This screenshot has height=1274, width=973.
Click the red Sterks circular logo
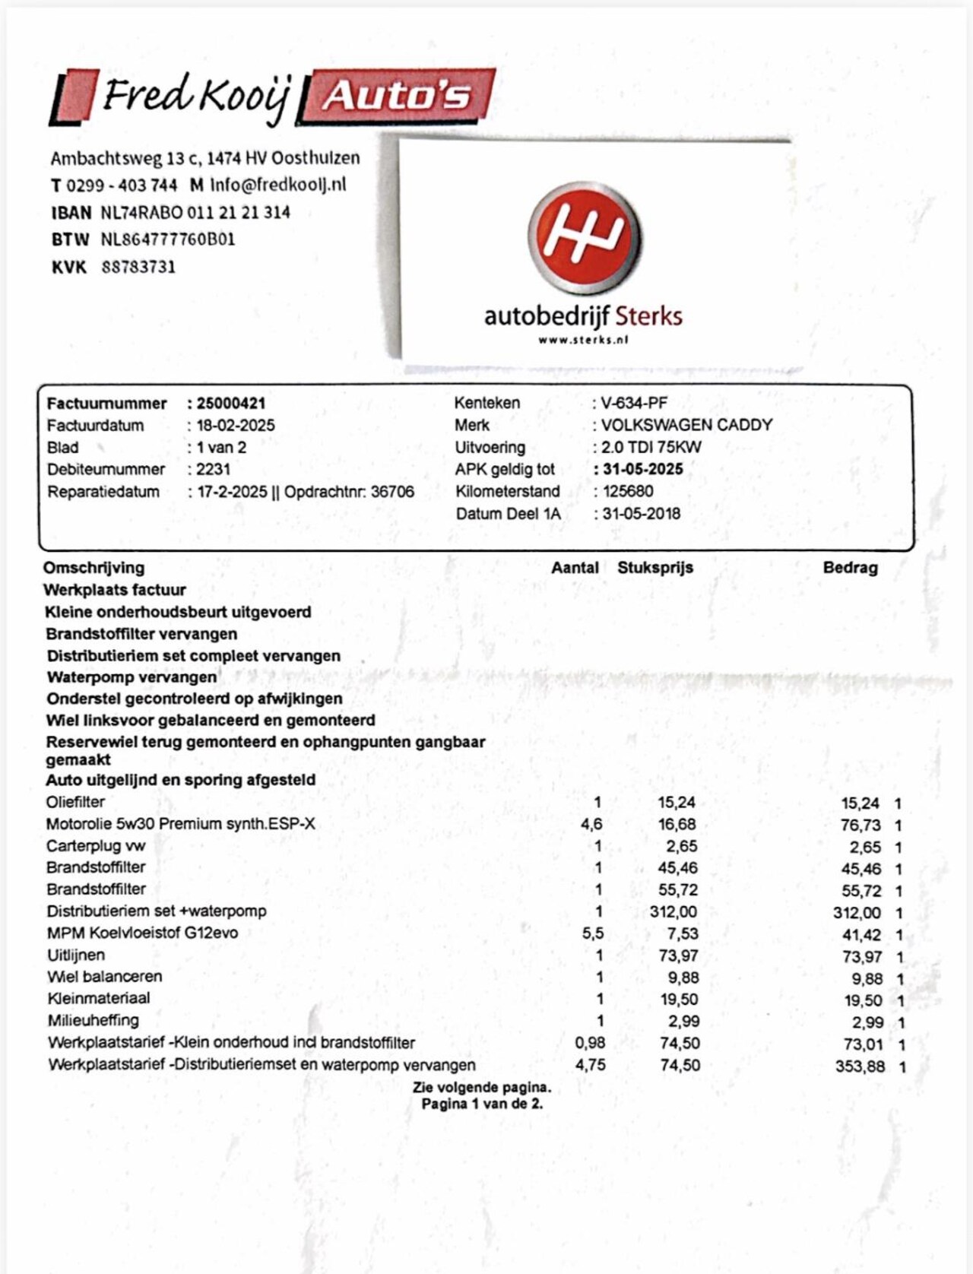tap(585, 238)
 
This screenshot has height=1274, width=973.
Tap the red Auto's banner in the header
tap(398, 96)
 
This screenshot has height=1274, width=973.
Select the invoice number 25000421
tap(231, 404)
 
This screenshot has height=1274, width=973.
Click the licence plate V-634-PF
tap(634, 404)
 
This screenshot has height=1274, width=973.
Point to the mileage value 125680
tap(628, 491)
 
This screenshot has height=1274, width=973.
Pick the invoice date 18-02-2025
tap(236, 426)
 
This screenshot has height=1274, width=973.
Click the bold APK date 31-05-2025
tap(642, 469)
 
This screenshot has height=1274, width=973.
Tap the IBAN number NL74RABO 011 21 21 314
tap(195, 212)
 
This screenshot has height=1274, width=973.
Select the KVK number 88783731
tap(138, 267)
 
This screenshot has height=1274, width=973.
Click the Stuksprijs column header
tap(655, 568)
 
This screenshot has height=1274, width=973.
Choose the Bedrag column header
tap(850, 568)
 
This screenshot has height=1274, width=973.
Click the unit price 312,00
tap(673, 911)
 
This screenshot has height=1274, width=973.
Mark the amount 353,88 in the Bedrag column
tap(860, 1066)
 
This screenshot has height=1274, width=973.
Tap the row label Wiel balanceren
tap(105, 977)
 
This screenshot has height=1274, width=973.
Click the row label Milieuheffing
tap(93, 1020)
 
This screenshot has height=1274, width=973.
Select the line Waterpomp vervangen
tap(132, 677)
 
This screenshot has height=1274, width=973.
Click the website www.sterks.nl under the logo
tap(583, 340)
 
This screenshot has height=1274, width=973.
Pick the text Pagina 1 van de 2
tap(482, 1104)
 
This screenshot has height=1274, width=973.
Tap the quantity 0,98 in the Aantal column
tap(590, 1043)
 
